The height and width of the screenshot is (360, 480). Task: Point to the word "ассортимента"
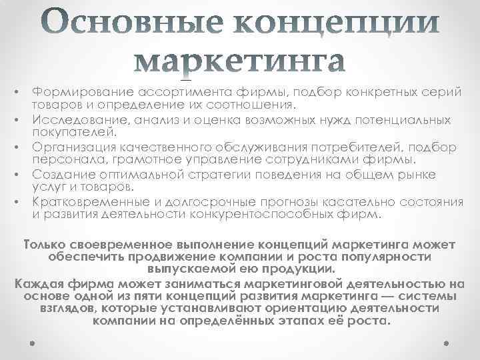[x=159, y=93]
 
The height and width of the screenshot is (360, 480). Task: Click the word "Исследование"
[x=69, y=120]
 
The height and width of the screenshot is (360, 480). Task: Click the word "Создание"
[x=58, y=175]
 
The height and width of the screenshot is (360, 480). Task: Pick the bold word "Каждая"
[x=37, y=284]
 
